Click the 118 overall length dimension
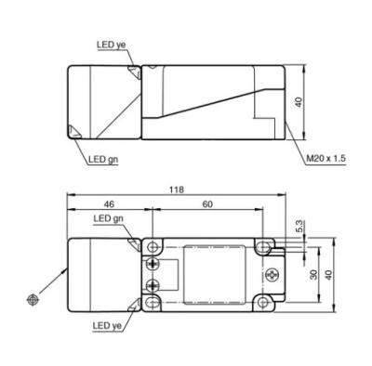click(177, 190)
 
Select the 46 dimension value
click(109, 204)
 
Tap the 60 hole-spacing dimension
click(207, 204)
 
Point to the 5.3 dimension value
click(299, 227)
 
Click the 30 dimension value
click(314, 275)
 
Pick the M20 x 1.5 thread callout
click(325, 159)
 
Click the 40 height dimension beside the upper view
click(299, 102)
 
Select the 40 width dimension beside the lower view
click(328, 275)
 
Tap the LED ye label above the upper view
click(112, 45)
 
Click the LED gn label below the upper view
click(103, 160)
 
